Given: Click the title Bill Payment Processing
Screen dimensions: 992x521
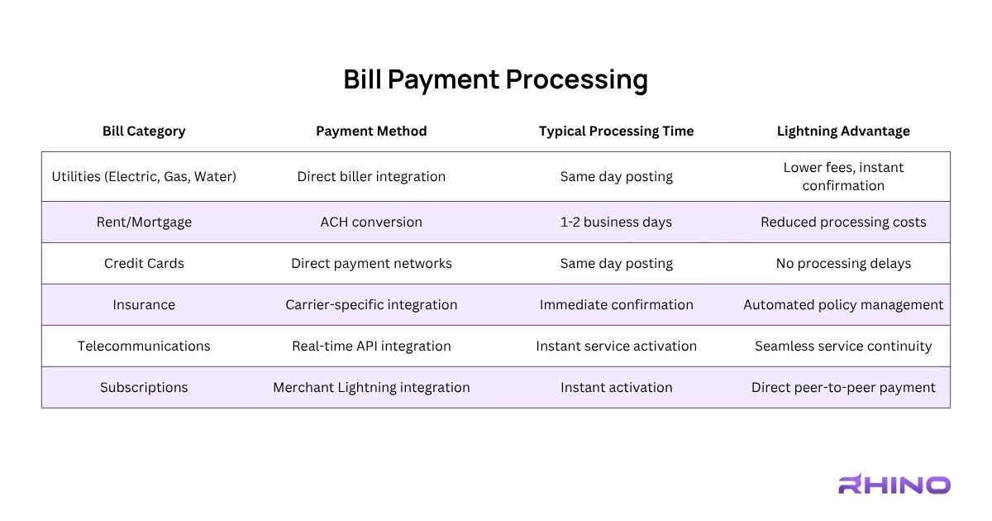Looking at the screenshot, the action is click(x=495, y=80).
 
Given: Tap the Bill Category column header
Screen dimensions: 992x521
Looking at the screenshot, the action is click(x=144, y=131).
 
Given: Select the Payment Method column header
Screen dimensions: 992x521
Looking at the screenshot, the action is click(x=371, y=131).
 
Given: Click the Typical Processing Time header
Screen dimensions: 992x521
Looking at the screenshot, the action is click(x=616, y=131).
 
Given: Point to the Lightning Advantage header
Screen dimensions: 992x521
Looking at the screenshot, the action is click(x=843, y=131).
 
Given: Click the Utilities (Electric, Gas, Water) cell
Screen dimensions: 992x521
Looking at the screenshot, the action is click(x=144, y=176).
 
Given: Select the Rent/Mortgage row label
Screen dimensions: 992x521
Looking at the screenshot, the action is click(x=144, y=222).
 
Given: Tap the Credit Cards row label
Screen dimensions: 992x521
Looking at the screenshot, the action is click(x=144, y=263).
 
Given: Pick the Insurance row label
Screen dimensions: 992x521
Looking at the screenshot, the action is click(x=144, y=304).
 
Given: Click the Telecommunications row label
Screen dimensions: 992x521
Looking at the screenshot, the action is click(x=144, y=346).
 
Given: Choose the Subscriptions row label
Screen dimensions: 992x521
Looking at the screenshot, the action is click(x=144, y=387).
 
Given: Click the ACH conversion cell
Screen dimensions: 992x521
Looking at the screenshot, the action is click(x=371, y=222).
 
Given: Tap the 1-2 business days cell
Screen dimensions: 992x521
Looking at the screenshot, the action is click(x=616, y=222).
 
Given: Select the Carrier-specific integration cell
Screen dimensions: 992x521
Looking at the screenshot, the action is click(x=371, y=304).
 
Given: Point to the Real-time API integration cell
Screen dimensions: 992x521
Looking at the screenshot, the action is click(x=371, y=346).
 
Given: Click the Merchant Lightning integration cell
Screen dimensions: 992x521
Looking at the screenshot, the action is click(x=371, y=387).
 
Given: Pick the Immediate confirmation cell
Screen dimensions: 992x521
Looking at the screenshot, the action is click(x=616, y=304).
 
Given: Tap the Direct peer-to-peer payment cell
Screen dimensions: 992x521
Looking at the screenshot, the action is click(x=843, y=387).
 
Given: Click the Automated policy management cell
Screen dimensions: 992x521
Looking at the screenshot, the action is click(x=843, y=304).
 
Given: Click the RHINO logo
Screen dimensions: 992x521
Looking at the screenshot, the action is click(x=894, y=485).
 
